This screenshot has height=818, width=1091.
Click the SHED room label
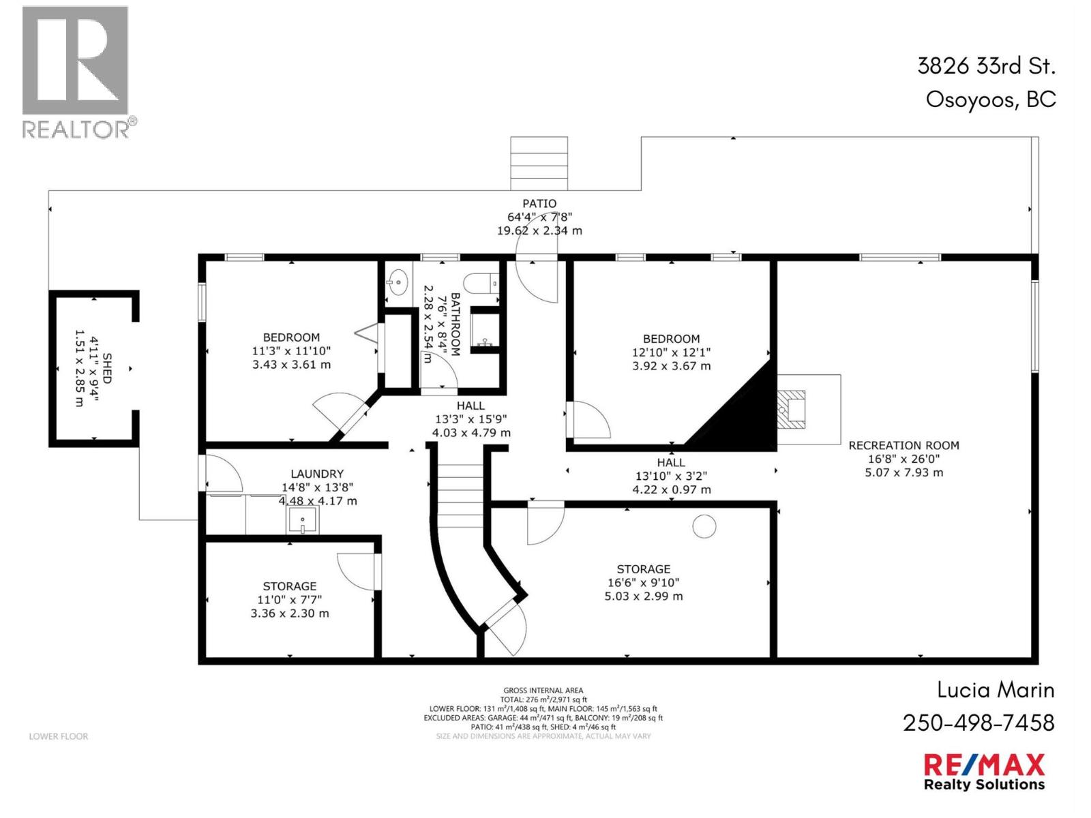pos(107,369)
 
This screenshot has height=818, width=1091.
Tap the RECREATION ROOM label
pos(903,445)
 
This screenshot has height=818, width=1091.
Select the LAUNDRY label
pos(317,474)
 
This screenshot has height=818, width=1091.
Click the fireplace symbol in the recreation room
pos(793,409)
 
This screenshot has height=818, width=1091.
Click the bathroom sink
pos(398,281)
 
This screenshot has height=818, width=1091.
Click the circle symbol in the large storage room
pos(704,526)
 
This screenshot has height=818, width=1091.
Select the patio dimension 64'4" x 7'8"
pos(539,217)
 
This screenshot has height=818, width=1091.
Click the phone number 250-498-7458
pos(978,723)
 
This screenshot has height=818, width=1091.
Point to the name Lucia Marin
pos(996,690)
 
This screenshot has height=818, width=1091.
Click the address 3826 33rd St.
pos(986,66)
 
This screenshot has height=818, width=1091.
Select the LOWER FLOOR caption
pos(59,736)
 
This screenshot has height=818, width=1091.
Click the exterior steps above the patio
pos(539,164)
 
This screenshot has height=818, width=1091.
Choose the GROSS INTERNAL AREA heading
pos(543,690)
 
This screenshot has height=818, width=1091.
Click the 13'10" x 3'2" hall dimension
pos(671,476)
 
